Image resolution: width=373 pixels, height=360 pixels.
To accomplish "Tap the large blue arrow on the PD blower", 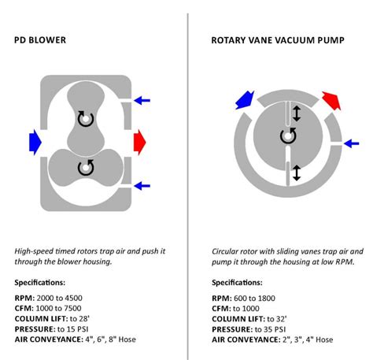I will (35, 140).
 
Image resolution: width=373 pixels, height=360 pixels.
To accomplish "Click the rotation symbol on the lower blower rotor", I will (85, 167).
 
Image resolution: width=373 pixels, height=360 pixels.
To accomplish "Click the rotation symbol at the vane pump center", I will (288, 136).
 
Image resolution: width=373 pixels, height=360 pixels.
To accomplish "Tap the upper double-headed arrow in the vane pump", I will (296, 114).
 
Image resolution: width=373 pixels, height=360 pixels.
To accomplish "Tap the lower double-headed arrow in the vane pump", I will (296, 172).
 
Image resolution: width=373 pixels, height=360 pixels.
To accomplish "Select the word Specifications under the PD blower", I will (44, 283).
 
